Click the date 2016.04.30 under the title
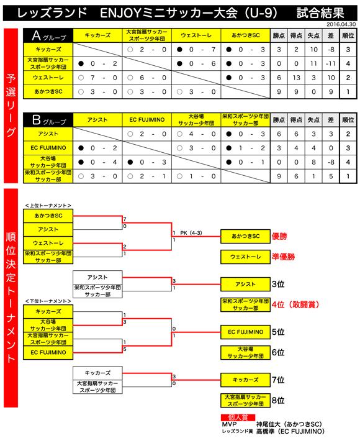coord(341,24)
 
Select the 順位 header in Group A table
coord(348,35)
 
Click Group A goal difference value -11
coord(331,64)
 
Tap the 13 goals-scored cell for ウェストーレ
coord(296,78)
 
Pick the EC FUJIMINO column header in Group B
coord(146,120)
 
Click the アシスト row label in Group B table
coord(48,134)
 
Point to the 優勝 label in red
coord(279,236)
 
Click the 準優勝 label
coord(283,257)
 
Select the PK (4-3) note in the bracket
coord(191,233)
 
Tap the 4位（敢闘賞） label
coord(295,304)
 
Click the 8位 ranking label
coord(278,400)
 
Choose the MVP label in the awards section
coord(230,424)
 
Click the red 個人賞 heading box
coord(238,417)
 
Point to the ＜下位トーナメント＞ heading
coord(48,301)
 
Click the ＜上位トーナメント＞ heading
coord(48,205)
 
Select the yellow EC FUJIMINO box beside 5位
coord(246,332)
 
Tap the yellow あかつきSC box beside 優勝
coord(246,236)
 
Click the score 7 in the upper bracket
coord(125,219)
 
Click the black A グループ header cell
coord(48,35)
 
